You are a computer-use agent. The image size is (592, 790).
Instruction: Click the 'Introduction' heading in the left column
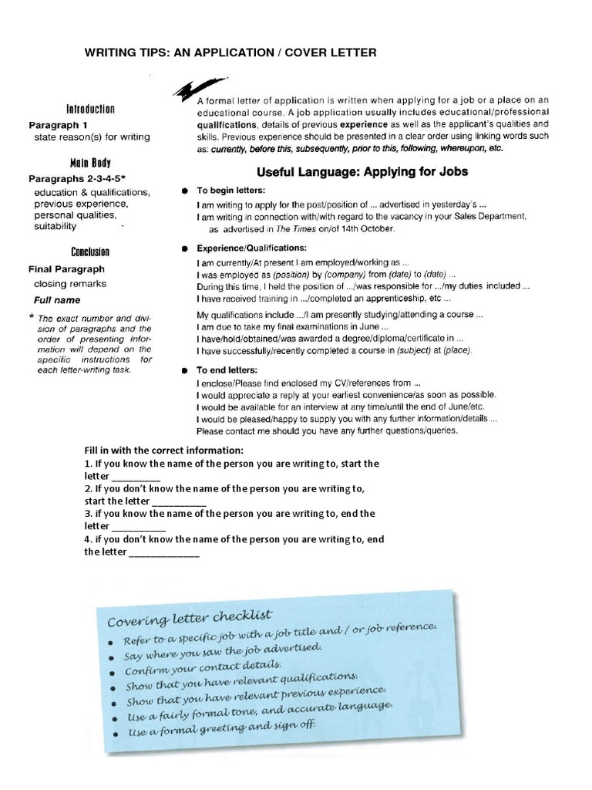(90, 110)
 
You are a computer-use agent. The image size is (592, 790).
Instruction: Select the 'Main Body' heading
(90, 164)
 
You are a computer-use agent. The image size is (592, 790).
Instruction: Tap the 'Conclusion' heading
(90, 252)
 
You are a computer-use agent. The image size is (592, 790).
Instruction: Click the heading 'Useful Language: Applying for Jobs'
(362, 170)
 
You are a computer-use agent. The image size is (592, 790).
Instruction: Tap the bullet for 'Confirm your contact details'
(113, 672)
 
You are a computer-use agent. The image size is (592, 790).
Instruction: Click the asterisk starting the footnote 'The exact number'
(31, 318)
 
